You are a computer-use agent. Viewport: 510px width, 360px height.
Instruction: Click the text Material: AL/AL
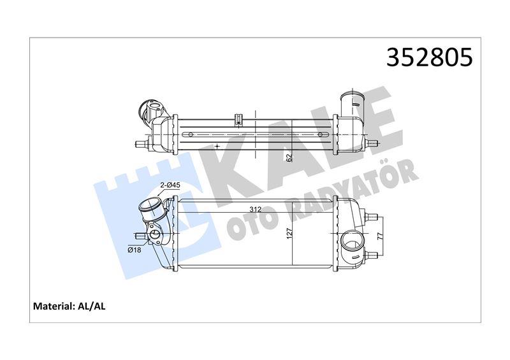tap(69, 306)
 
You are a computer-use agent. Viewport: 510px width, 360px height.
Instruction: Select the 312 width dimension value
tap(254, 209)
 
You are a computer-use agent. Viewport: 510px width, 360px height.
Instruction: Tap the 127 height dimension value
tap(290, 234)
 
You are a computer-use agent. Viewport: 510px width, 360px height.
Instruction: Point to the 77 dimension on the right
tap(380, 235)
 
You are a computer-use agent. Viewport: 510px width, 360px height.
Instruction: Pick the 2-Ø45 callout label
tap(170, 185)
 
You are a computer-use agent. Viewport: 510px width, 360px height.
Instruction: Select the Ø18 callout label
tap(134, 250)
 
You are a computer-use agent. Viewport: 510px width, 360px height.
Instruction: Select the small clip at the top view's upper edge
tap(239, 118)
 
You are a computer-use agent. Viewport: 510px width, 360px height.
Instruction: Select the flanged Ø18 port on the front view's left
tap(155, 236)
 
